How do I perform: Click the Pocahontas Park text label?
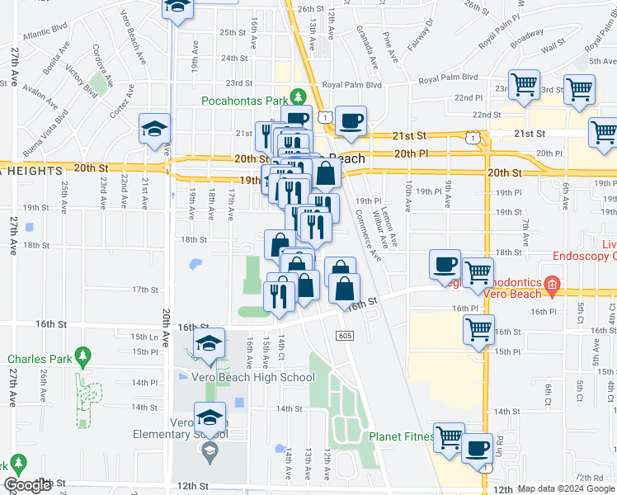tap(243, 101)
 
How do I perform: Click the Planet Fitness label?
tap(401, 436)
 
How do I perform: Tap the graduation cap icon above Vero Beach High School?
tap(210, 345)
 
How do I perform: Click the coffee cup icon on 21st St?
tap(351, 121)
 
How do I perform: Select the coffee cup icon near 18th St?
tap(445, 265)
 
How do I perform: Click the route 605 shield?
tap(345, 334)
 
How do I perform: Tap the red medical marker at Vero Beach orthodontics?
tap(551, 289)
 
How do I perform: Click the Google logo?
tap(28, 485)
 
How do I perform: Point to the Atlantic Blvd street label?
tap(45, 35)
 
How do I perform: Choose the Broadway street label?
tap(525, 40)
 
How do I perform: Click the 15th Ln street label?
tap(144, 337)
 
